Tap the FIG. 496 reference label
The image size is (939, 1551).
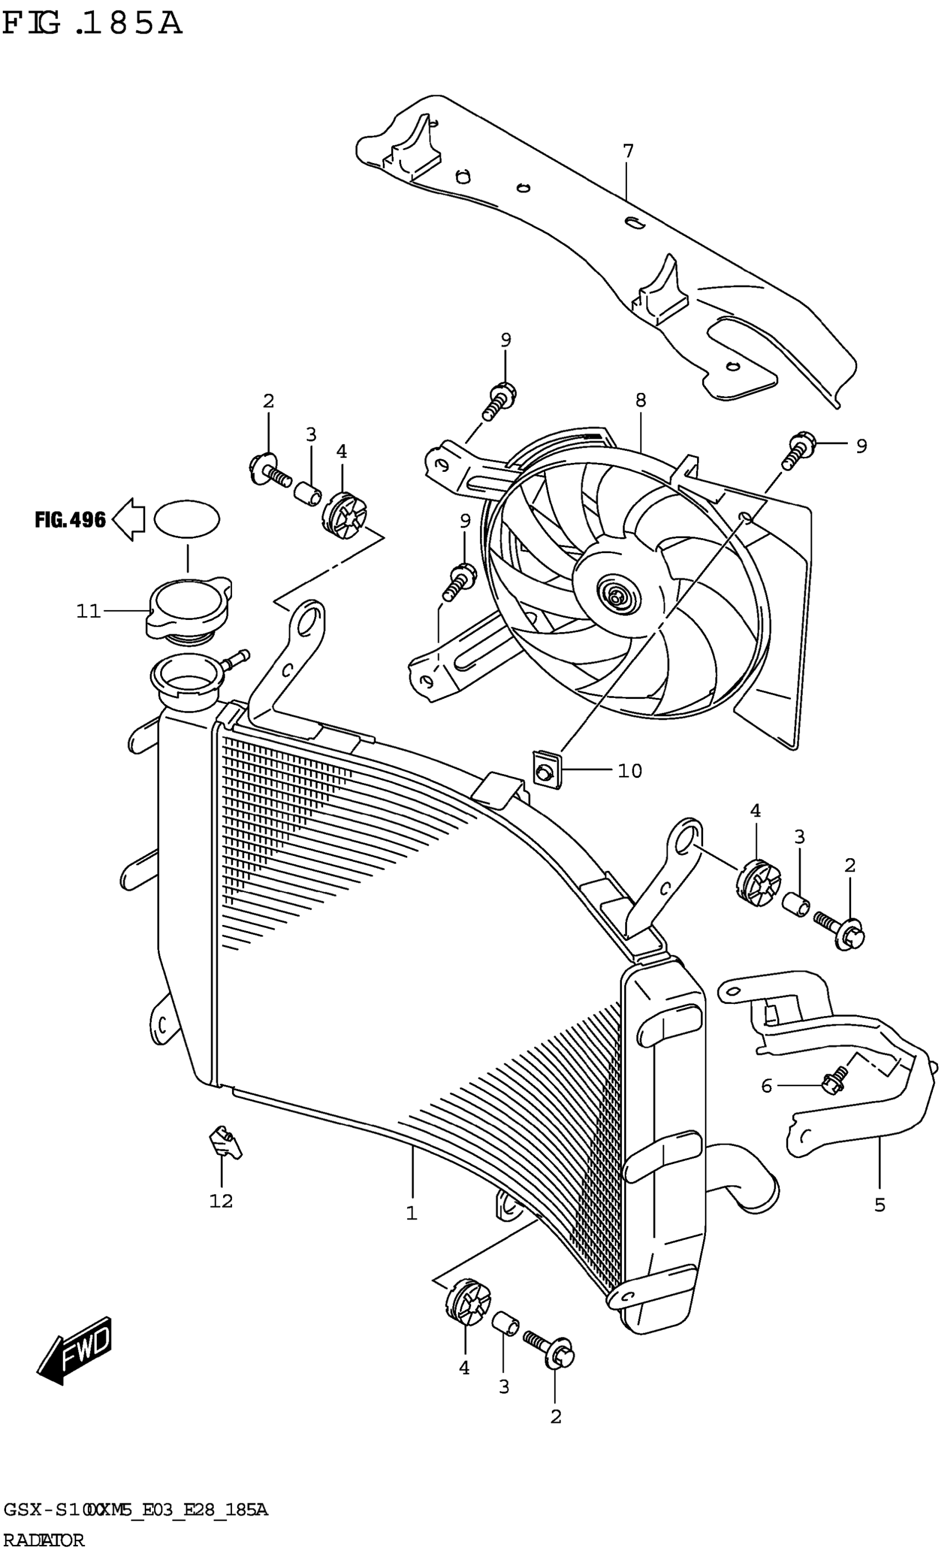70,520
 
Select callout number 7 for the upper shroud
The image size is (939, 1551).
627,152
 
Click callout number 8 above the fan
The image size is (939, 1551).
640,401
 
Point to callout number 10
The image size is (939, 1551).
629,770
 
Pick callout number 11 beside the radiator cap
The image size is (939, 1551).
88,611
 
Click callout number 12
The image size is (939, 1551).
221,1201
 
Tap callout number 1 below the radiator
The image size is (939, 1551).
412,1213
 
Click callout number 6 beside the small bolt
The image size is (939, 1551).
766,1086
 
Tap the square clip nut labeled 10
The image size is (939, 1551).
546,769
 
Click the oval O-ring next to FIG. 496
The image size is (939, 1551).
187,519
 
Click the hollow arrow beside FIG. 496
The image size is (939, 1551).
128,519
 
